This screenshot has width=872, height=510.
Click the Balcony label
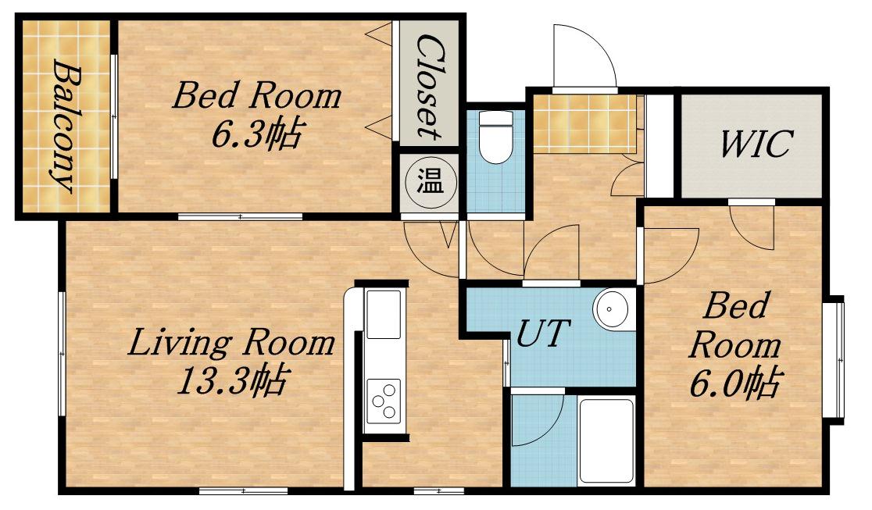65,127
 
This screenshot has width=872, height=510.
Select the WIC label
755,144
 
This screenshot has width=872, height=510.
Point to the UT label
543,333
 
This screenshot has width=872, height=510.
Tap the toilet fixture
496,137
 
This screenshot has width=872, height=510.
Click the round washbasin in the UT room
610,308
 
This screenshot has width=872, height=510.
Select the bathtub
606,441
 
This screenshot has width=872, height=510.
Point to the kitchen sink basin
383,314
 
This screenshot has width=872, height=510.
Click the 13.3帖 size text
231,380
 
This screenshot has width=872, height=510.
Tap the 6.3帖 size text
257,134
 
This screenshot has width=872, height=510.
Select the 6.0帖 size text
736,383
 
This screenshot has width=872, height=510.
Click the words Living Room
231,343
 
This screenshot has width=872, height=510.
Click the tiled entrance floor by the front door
584,123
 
